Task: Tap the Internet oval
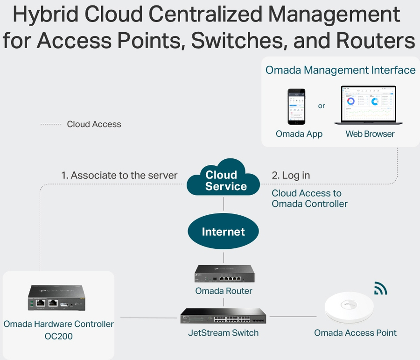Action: [x=223, y=232]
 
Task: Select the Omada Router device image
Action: [x=224, y=274]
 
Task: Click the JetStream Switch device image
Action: [x=224, y=316]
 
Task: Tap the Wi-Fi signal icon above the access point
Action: [x=380, y=289]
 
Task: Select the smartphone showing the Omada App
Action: [x=296, y=106]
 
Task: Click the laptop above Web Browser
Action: [x=365, y=105]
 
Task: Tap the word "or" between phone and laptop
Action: [x=322, y=106]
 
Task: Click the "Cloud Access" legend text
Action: [x=94, y=124]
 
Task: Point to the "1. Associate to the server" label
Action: [x=119, y=176]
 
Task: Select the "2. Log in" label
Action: [x=291, y=176]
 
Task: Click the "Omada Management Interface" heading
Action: [x=340, y=70]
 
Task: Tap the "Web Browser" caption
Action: [x=370, y=134]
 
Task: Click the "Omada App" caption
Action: [x=299, y=134]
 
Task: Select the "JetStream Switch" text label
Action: [x=224, y=333]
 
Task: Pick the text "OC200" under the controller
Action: [x=59, y=336]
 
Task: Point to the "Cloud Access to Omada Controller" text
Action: [x=309, y=198]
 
